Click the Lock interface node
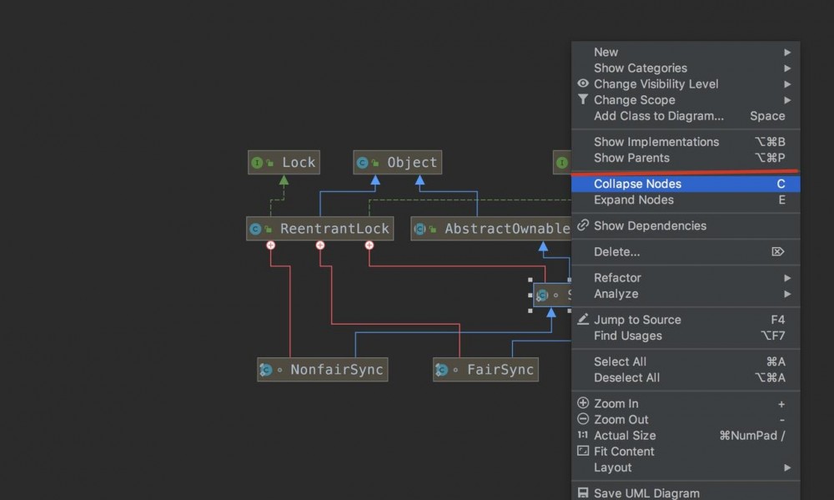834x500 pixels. [x=284, y=163]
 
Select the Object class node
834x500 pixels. [x=397, y=163]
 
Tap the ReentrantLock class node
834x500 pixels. [x=319, y=229]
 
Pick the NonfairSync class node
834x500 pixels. [x=322, y=370]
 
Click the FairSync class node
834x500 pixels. [x=485, y=370]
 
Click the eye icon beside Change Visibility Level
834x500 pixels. [x=583, y=83]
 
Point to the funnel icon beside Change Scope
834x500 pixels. [x=583, y=99]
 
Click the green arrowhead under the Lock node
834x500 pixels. [x=284, y=180]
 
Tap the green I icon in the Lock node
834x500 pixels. [x=257, y=163]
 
